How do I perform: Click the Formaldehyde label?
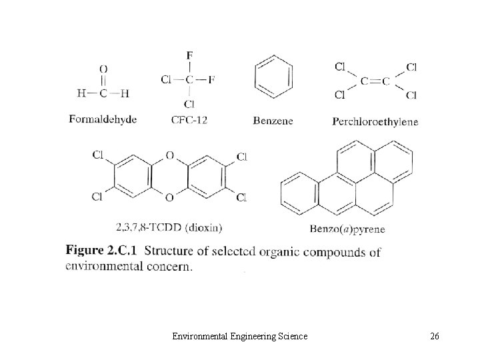103,119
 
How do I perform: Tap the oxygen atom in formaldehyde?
103,69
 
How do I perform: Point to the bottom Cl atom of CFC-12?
189,103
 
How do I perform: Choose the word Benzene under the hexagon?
273,121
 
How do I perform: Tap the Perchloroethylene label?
375,121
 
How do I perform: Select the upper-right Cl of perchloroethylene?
411,67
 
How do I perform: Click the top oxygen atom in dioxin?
169,155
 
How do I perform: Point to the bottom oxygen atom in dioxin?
169,197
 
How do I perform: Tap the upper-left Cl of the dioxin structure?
98,155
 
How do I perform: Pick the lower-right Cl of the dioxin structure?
241,197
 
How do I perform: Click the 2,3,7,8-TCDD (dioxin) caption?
169,227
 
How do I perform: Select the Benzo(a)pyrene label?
347,229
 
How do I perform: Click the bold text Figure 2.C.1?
101,252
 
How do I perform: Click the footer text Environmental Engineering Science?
239,337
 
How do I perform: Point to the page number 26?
435,337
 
